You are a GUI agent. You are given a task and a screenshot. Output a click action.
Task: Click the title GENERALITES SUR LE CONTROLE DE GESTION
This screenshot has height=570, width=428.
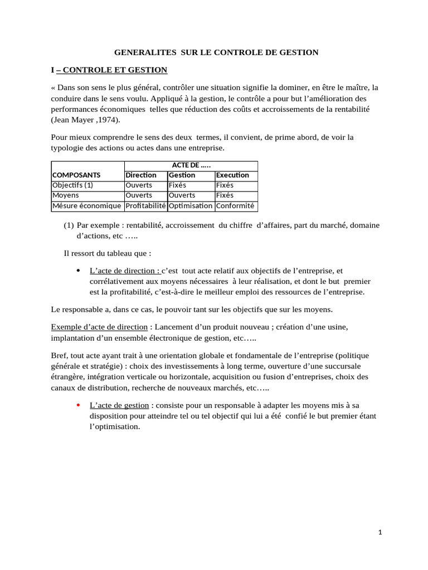pos(216,52)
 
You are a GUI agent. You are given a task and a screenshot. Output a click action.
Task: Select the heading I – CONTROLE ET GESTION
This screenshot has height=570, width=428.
pos(109,70)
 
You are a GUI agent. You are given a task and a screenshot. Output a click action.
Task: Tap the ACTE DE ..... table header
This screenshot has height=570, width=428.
pos(190,166)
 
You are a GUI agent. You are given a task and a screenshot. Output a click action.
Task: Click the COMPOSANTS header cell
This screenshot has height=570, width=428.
pos(76,175)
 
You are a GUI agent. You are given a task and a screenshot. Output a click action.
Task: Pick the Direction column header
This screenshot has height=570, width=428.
pos(141,175)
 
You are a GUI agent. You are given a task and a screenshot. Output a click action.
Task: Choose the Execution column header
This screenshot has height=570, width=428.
pos(232,175)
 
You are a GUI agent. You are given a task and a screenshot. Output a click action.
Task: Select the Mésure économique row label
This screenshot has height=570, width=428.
pos(86,206)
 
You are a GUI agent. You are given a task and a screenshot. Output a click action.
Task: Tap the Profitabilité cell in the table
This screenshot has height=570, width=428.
pos(145,206)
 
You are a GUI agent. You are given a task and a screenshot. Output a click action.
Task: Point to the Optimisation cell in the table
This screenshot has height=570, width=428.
pos(191,206)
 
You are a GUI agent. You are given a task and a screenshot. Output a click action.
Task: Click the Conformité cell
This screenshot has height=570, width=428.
pos(235,206)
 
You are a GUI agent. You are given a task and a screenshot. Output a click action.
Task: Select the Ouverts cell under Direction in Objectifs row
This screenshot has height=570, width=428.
pos(139,185)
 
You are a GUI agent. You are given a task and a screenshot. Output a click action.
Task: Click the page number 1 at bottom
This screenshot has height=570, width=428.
pos(380,533)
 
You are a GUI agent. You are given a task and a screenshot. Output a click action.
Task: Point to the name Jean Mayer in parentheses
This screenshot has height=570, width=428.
pos(72,120)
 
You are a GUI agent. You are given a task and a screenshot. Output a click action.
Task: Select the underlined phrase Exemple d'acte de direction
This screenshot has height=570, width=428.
pos(99,327)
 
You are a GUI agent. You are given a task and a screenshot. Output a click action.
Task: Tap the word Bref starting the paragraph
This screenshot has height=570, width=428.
pos(60,355)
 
